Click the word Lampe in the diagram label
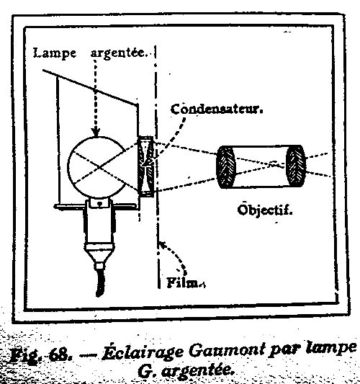54,53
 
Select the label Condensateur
217,110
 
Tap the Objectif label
265,210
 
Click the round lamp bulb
96,167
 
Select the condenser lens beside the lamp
146,166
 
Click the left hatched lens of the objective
225,167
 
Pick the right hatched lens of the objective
296,166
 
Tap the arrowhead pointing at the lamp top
96,132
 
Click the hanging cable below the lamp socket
100,282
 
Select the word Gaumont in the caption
227,351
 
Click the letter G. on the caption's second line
146,372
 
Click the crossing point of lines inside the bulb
99,168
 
